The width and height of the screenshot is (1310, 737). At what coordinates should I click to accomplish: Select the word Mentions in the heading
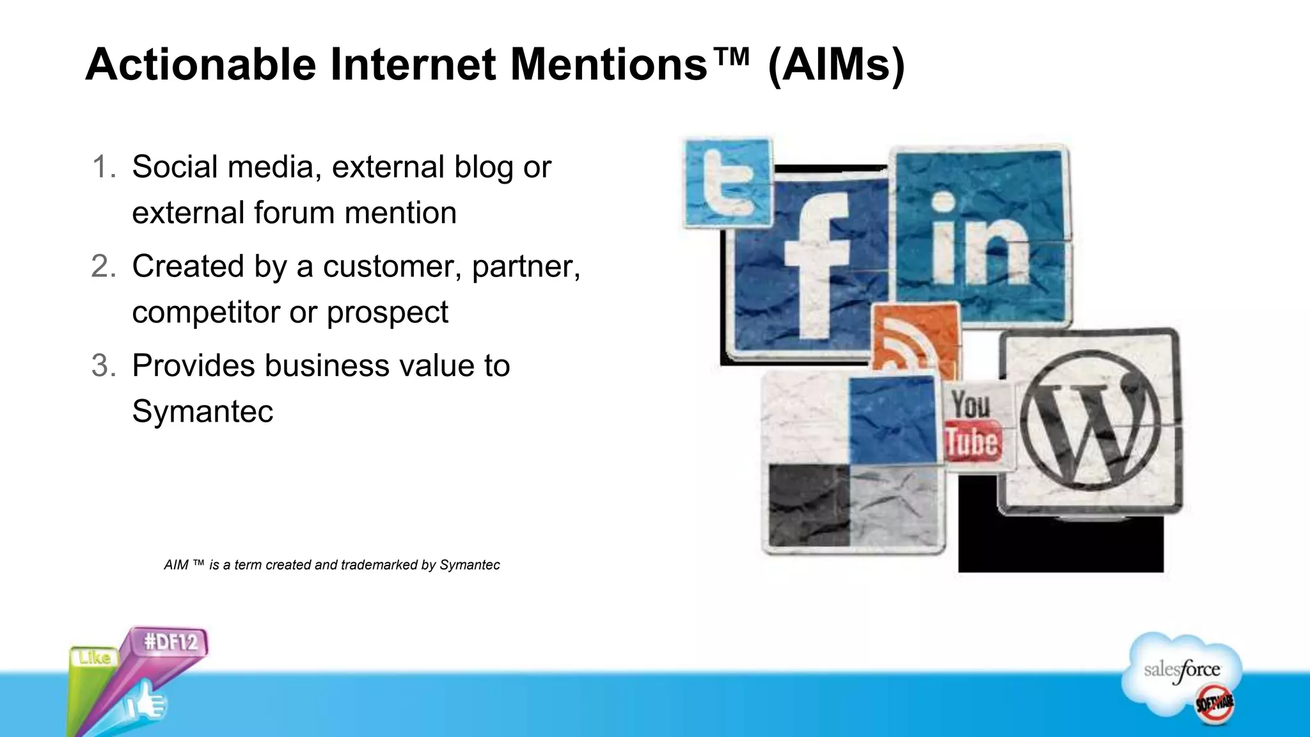tap(608, 65)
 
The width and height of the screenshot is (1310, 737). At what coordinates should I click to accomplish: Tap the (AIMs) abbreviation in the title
tap(836, 65)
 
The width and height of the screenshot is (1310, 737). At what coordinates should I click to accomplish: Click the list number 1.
tap(104, 167)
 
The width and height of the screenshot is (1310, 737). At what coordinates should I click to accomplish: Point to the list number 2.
tap(104, 266)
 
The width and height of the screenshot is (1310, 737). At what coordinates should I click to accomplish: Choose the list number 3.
tap(104, 366)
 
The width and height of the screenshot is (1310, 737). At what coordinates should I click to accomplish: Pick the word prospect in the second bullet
tap(388, 313)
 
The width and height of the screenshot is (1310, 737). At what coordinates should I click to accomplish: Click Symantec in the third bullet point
tap(203, 411)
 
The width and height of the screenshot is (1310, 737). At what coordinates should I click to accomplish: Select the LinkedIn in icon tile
tap(981, 237)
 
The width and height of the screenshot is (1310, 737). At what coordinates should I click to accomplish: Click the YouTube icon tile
tap(974, 425)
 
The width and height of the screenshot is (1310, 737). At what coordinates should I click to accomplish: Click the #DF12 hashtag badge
tap(171, 642)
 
